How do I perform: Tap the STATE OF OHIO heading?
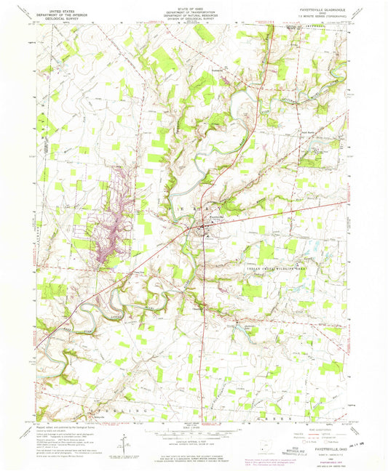[x=193, y=6]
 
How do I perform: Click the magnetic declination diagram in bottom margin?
[x=127, y=442]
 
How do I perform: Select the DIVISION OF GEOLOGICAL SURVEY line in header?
[x=193, y=19]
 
